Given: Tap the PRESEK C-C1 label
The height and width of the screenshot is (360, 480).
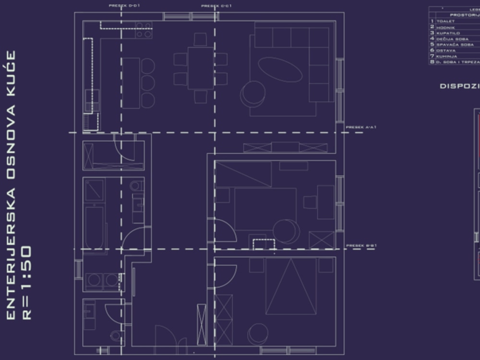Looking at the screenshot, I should click(x=216, y=6).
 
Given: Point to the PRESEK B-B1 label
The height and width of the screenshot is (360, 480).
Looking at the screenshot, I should click(x=361, y=245).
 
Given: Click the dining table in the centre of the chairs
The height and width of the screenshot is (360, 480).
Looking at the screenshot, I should click(x=200, y=68).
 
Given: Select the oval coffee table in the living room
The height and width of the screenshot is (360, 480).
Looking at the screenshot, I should click(x=280, y=70).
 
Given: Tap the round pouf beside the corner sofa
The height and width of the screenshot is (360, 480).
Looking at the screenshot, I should click(x=253, y=93).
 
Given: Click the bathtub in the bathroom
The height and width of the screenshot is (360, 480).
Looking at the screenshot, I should click(x=94, y=228).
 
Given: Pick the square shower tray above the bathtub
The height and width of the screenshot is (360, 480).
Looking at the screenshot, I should click(x=94, y=190).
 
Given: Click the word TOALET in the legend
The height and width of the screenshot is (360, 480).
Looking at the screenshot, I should click(x=445, y=22).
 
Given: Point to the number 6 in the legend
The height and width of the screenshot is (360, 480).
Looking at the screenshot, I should click(x=432, y=50).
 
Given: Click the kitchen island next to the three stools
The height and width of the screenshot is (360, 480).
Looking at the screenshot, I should click(x=131, y=83).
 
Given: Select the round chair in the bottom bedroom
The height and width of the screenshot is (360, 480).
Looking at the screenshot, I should click(x=258, y=333).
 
